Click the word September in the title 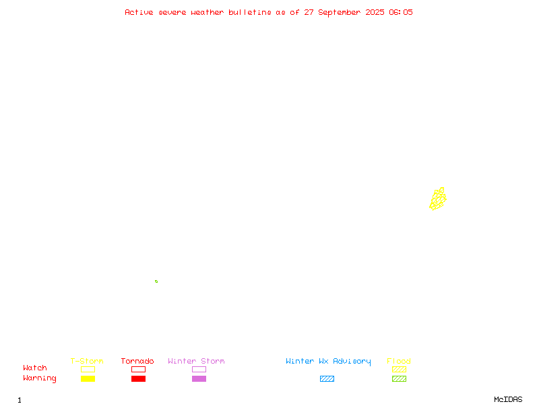(340, 13)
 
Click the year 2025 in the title (375, 12)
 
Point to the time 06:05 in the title (401, 12)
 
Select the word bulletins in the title (250, 12)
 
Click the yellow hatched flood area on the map (437, 199)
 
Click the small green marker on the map (156, 281)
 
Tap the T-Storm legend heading (87, 361)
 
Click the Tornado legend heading (137, 361)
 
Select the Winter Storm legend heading (196, 361)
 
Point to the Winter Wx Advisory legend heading (328, 362)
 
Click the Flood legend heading (399, 361)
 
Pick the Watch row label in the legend (35, 368)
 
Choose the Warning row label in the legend (40, 378)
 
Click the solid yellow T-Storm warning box (88, 378)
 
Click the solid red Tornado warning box (139, 378)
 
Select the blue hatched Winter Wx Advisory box (327, 378)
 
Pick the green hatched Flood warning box (399, 378)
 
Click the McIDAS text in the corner (508, 399)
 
